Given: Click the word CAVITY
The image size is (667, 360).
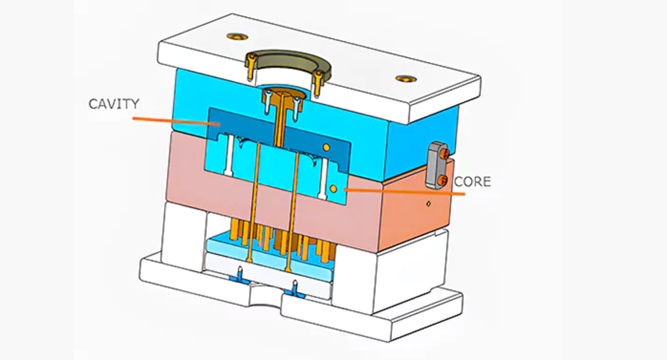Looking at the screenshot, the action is point(114,104).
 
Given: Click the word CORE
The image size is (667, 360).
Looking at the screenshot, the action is point(472,182).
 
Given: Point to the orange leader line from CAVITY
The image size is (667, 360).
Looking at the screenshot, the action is point(176,121).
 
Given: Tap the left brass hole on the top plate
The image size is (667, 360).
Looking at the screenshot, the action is point(237,37).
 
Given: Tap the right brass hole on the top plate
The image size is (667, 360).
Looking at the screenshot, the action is point(406,79).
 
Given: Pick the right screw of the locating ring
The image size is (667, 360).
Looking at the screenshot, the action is point(318,84).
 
